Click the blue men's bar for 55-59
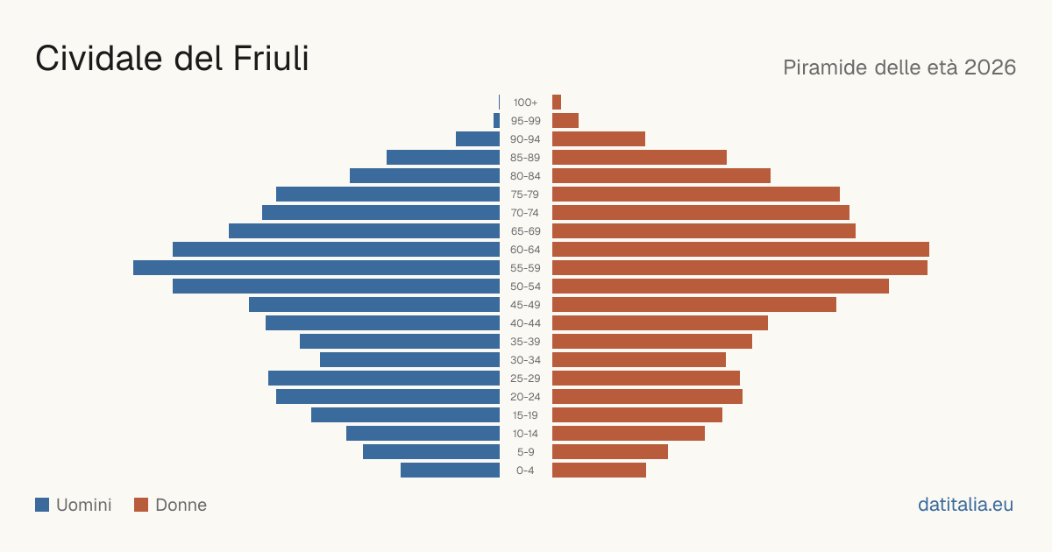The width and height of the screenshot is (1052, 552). pos(316,267)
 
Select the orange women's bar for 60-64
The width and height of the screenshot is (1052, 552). pos(741,249)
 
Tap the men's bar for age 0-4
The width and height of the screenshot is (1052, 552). pos(450,470)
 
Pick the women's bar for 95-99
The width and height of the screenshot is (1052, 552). pos(565,121)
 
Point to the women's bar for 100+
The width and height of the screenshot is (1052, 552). pos(557,102)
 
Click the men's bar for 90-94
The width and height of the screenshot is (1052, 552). pos(478,139)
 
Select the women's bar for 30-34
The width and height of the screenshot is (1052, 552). pos(639,359)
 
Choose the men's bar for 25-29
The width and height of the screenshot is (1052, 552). pos(384,378)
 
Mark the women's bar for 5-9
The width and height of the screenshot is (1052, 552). pos(610,451)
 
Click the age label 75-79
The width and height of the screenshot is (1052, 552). pos(525,195)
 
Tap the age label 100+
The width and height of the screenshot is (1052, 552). pos(525,103)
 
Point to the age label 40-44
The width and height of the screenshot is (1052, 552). pos(525,323)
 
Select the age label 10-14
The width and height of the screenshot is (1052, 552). pos(525,433)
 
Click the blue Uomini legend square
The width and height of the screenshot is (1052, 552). pos(42,505)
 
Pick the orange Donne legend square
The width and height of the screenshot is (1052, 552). pos(141,505)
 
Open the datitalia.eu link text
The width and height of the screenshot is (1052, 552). pos(965,505)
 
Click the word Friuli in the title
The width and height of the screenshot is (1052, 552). pos(271,58)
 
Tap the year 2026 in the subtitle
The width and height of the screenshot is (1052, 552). pos(990,67)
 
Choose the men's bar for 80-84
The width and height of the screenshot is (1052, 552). pos(424,175)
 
